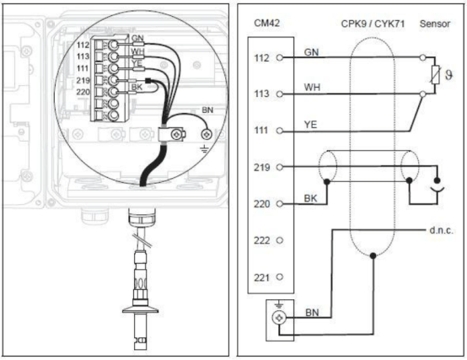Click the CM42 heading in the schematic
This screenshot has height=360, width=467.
point(267,24)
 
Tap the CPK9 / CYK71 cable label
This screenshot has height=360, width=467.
point(373,24)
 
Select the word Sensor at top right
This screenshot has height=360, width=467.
point(435,24)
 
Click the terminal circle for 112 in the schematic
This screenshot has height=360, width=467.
point(279,57)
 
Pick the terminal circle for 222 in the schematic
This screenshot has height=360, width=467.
point(279,240)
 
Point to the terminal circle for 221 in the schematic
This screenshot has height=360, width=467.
point(279,277)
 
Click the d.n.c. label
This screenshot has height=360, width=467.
point(442,230)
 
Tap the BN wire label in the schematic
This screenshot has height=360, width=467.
point(312,313)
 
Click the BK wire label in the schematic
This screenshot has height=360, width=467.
point(310,198)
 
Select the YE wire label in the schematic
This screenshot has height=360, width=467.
point(310,125)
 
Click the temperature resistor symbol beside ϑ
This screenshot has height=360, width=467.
point(435,75)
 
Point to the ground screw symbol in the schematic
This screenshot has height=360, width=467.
point(279,318)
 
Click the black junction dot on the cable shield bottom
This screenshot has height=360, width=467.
point(373,255)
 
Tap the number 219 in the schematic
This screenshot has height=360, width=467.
point(261,167)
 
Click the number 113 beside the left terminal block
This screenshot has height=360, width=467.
point(83,56)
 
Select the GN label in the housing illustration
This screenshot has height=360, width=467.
point(137,38)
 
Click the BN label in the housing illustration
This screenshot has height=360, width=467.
point(207,110)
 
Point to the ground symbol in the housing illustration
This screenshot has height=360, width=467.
point(204,149)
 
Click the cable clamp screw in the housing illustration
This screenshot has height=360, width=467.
point(176,135)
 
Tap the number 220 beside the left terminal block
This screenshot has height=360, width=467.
point(83,92)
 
